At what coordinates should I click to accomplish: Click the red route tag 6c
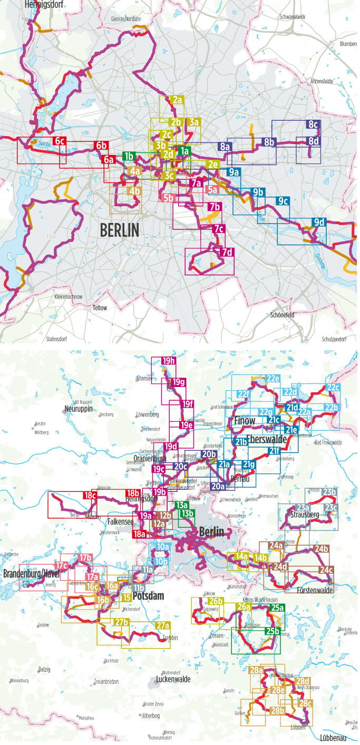[60, 141]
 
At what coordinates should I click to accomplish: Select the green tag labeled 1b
[128, 156]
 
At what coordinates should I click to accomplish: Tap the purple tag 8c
[313, 125]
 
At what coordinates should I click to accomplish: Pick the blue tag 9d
[319, 222]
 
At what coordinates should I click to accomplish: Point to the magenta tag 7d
[227, 252]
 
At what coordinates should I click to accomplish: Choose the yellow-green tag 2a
[177, 100]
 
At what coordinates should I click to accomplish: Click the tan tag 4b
[134, 191]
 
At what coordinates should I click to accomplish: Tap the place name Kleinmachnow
[69, 297]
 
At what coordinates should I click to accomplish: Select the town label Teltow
[100, 307]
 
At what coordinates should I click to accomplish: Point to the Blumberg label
[348, 44]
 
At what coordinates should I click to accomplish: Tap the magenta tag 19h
[168, 361]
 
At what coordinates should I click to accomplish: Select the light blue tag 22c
[333, 388]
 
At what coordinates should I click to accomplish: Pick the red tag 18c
[90, 496]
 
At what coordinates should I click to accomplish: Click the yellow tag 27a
[163, 626]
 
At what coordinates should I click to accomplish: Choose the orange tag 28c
[305, 703]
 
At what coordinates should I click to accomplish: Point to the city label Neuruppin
[79, 409]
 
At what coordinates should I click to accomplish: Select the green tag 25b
[273, 631]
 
